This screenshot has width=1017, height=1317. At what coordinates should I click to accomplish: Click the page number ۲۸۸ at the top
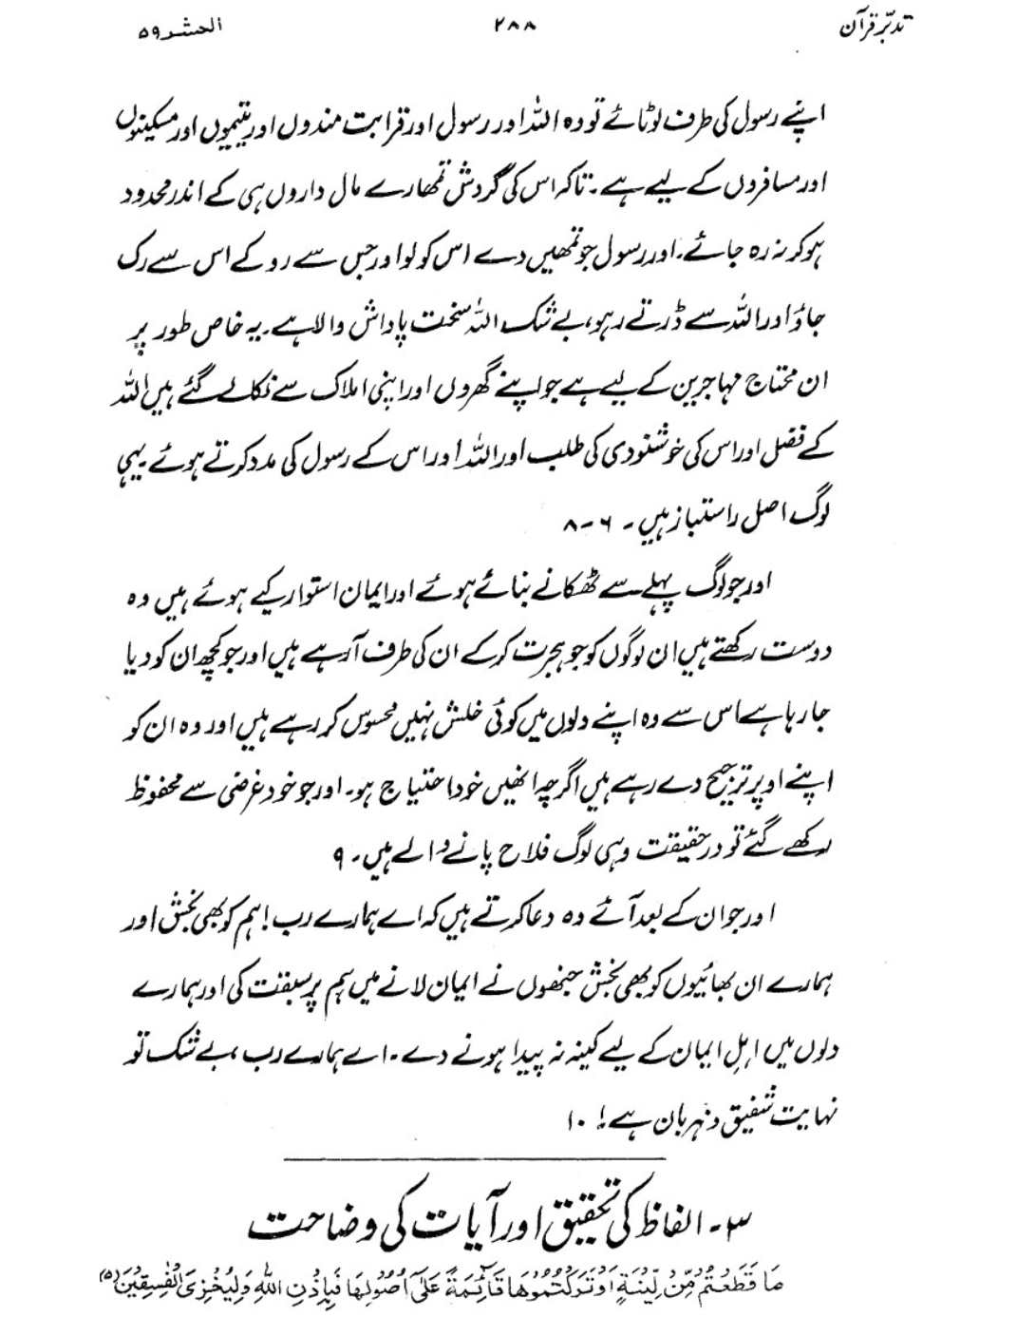pos(516,29)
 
